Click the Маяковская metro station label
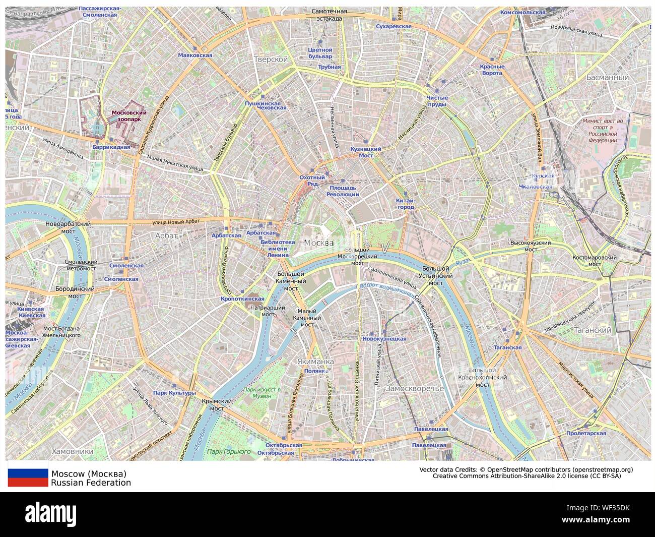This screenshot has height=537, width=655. point(195,55)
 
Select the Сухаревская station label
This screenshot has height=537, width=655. point(394,26)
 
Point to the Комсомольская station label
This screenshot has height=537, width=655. point(523,12)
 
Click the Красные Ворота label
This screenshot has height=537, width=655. point(491,70)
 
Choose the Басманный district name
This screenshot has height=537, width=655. point(608,78)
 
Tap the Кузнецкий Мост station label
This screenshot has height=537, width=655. point(365,152)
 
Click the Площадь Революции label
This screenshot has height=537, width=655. point(343,191)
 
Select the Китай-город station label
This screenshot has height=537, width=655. point(406,203)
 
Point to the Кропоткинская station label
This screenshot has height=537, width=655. point(242,299)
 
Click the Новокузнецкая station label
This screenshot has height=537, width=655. point(384,339)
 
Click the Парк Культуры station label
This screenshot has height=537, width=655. point(174,393)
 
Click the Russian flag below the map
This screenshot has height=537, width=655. point(27,478)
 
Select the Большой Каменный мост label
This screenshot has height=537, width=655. point(291,281)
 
